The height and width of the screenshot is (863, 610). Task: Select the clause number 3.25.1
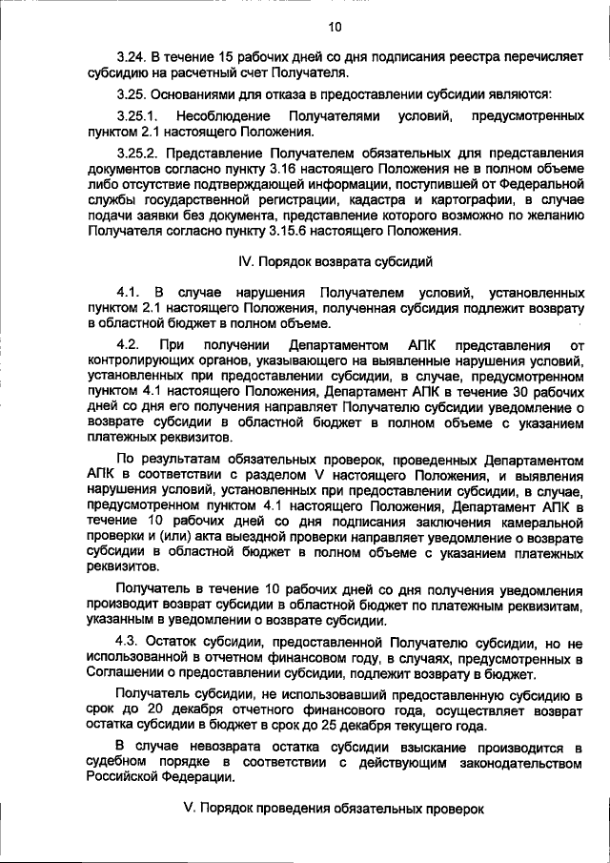(136, 115)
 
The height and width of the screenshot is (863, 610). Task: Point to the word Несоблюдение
(221, 115)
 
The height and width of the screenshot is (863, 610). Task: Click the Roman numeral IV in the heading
(244, 260)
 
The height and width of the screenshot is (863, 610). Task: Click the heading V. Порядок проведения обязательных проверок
(334, 809)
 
